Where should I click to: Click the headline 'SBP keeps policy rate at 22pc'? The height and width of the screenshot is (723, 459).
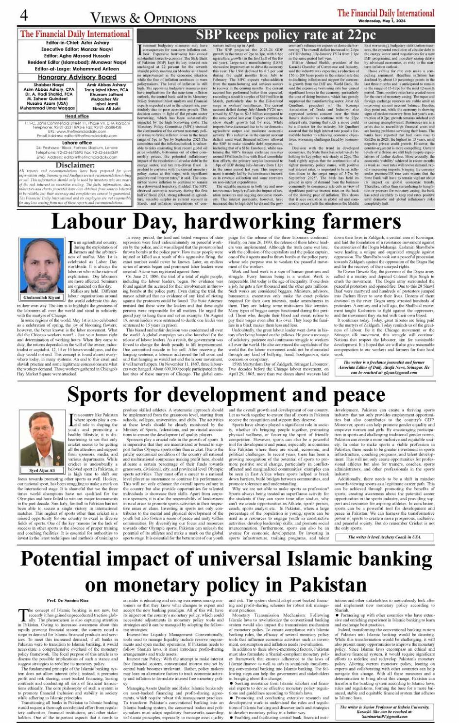coord(285,35)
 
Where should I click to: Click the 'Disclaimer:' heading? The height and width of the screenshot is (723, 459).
coord(75,165)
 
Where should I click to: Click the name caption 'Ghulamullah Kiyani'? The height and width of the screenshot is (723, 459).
coord(42,297)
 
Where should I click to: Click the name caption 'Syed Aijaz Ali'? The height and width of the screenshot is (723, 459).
coord(42,471)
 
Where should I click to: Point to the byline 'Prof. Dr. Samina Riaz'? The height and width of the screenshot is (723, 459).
coord(68,601)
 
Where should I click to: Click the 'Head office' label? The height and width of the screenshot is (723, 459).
coord(77,116)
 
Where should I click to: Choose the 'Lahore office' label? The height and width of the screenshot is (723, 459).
coord(77,143)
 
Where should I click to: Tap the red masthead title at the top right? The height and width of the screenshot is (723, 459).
coord(386,13)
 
